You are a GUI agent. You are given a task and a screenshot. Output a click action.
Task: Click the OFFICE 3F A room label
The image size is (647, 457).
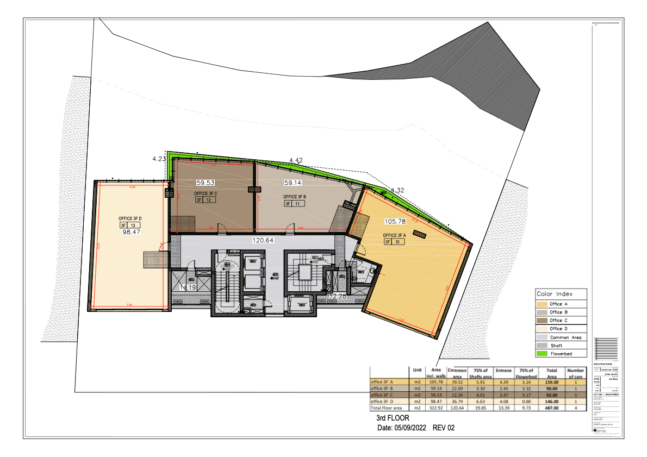click(395, 235)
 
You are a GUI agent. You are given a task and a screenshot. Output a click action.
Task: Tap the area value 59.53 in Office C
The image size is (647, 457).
click(206, 183)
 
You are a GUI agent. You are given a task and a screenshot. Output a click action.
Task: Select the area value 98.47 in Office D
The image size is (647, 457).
click(132, 231)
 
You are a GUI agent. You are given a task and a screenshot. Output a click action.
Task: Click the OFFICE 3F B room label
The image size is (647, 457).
click(294, 197)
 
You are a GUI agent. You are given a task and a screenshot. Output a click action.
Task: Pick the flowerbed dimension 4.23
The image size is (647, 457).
click(159, 159)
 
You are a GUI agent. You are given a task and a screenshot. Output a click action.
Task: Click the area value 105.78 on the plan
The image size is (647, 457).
click(395, 221)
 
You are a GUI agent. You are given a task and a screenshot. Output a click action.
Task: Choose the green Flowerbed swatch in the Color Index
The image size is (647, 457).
click(542, 354)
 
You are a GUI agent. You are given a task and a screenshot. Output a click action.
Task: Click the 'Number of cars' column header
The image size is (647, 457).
click(575, 373)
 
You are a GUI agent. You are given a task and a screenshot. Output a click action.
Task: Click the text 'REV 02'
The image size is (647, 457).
click(443, 428)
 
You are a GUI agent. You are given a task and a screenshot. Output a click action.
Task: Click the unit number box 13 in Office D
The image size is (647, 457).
click(133, 225)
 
